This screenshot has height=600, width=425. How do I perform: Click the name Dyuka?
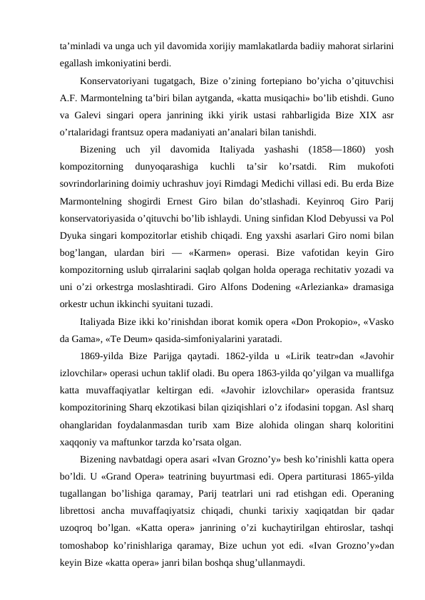[x=74, y=253]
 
